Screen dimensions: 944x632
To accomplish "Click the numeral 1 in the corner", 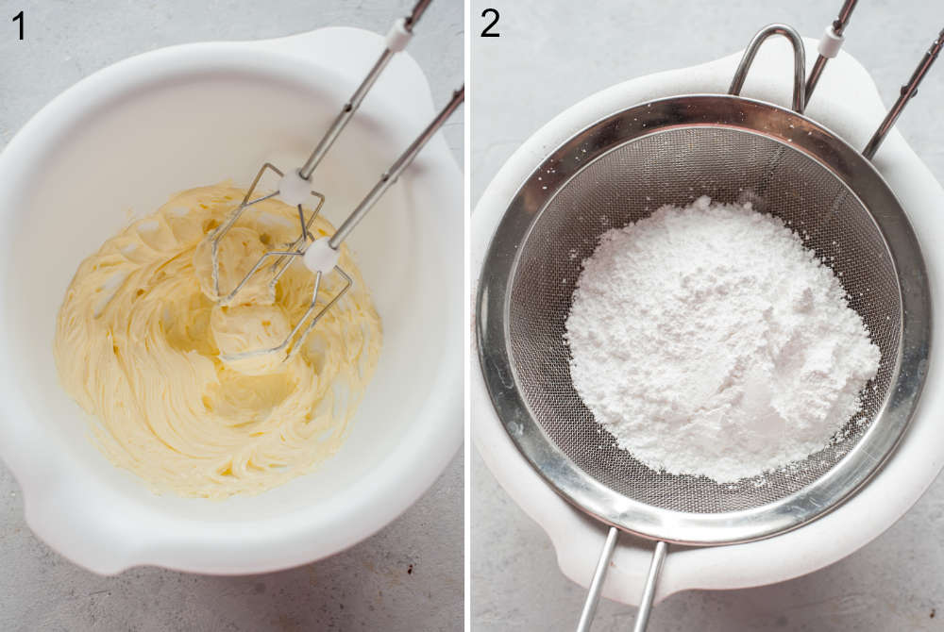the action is [19, 26].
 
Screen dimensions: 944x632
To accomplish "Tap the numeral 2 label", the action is [490, 24].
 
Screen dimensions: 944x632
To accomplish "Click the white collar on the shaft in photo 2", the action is [832, 41].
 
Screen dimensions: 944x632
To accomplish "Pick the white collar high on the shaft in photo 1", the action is [398, 34].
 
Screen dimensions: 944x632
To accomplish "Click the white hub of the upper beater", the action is [295, 188].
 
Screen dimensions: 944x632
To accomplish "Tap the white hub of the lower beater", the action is [321, 255].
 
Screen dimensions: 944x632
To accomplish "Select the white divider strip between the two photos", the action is [467, 316].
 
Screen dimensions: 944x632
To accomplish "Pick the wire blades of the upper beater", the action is [265, 235].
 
